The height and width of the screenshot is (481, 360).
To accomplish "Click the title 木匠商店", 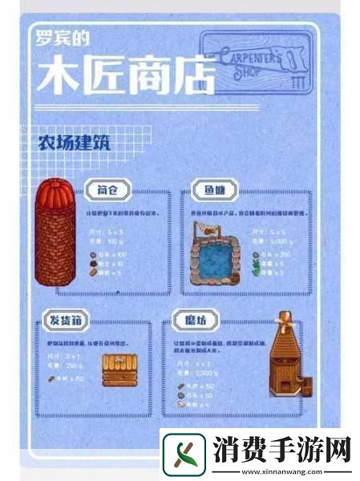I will click(124, 78).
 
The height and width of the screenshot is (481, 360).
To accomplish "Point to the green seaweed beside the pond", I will click(255, 271).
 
